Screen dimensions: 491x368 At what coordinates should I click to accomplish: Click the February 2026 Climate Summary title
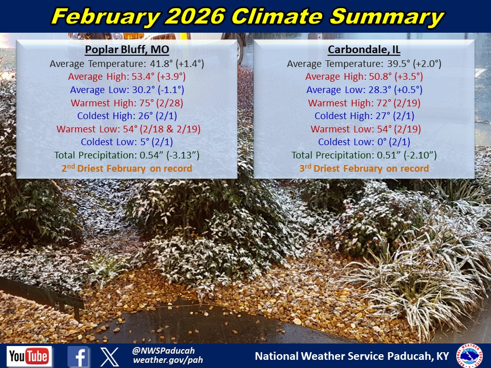pos(248,16)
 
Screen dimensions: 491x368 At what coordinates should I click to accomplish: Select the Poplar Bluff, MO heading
pos(127,50)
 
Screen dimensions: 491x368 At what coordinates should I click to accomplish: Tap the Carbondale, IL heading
pos(364,50)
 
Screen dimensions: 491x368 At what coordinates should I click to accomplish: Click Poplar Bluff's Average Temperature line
pos(127,64)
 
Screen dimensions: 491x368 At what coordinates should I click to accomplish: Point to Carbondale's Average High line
pos(364,77)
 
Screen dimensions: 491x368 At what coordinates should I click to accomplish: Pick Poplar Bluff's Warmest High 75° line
pos(127,103)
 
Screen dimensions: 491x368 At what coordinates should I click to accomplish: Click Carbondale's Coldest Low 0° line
pos(364,142)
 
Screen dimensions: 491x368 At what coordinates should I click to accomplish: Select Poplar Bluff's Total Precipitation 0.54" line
pos(127,155)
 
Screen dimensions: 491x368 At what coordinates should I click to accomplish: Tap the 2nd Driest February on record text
pos(127,168)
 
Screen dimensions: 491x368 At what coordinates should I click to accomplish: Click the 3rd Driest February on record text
pos(364,168)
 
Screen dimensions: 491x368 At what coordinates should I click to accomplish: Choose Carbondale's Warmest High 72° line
pos(364,103)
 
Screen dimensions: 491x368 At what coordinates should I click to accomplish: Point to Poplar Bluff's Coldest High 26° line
pos(127,116)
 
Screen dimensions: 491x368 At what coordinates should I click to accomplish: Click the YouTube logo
pos(29,356)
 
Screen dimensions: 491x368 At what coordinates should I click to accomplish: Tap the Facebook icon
pos(78,356)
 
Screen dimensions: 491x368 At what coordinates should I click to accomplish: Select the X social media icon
pos(109,357)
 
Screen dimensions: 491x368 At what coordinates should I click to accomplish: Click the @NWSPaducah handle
pos(164,351)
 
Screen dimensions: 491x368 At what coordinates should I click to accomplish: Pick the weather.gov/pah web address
pos(168,360)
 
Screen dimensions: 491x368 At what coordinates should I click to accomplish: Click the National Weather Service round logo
pos(469,356)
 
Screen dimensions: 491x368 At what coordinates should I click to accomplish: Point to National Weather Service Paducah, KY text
pos(352,356)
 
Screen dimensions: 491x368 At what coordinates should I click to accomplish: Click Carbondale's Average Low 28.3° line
pos(364,90)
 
